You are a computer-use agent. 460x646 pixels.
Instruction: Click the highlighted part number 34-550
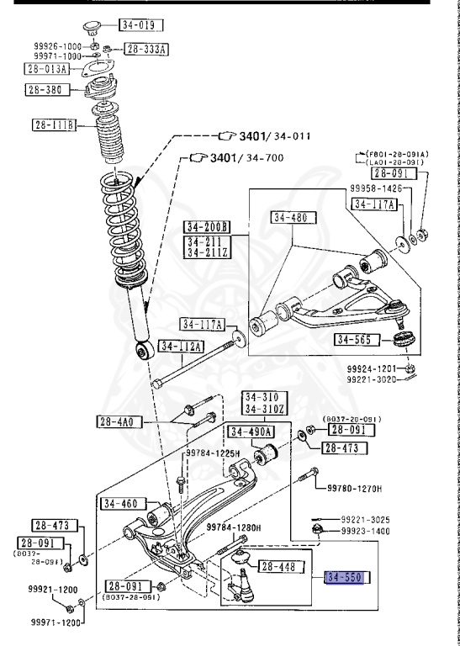(x=346, y=579)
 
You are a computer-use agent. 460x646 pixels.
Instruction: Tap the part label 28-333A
(x=146, y=50)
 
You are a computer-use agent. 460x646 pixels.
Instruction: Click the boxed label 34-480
(x=291, y=218)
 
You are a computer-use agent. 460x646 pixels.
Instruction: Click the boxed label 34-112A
(x=182, y=347)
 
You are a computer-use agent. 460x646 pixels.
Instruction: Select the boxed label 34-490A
(x=251, y=432)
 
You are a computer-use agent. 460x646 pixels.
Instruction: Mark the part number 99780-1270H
(x=353, y=488)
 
